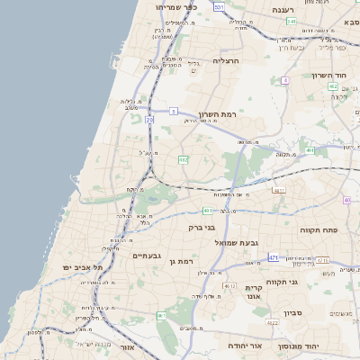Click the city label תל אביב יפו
[x=84, y=268]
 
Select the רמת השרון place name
[x=216, y=114]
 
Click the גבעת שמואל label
[x=235, y=243]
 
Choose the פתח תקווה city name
[x=318, y=230]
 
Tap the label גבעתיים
[x=146, y=256]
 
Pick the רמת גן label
[x=181, y=261]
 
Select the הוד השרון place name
[x=328, y=76]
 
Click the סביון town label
[x=292, y=313]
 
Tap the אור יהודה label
[x=243, y=345]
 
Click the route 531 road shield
[x=220, y=6]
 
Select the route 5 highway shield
[x=172, y=112]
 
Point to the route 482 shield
[x=184, y=159]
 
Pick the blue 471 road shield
[x=272, y=257]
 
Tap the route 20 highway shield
[x=149, y=119]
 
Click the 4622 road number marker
[x=273, y=322]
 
